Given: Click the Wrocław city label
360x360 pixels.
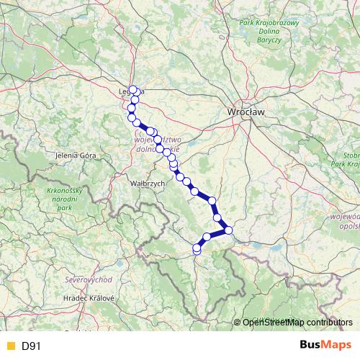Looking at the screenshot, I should (246, 112).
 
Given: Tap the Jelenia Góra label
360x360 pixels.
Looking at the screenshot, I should (76, 155).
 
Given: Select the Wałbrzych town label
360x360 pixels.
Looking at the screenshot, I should (148, 184).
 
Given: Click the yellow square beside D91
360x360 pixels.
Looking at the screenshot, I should (10, 346).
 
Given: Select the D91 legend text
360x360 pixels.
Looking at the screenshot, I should (31, 346).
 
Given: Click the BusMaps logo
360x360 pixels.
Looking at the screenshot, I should (321, 346).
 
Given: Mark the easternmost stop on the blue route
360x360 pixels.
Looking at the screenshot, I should (229, 230).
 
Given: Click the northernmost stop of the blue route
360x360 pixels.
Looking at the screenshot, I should (132, 90).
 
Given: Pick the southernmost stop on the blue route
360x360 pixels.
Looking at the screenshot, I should (197, 250).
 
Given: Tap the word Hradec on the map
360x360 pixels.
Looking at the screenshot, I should (75, 297).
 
